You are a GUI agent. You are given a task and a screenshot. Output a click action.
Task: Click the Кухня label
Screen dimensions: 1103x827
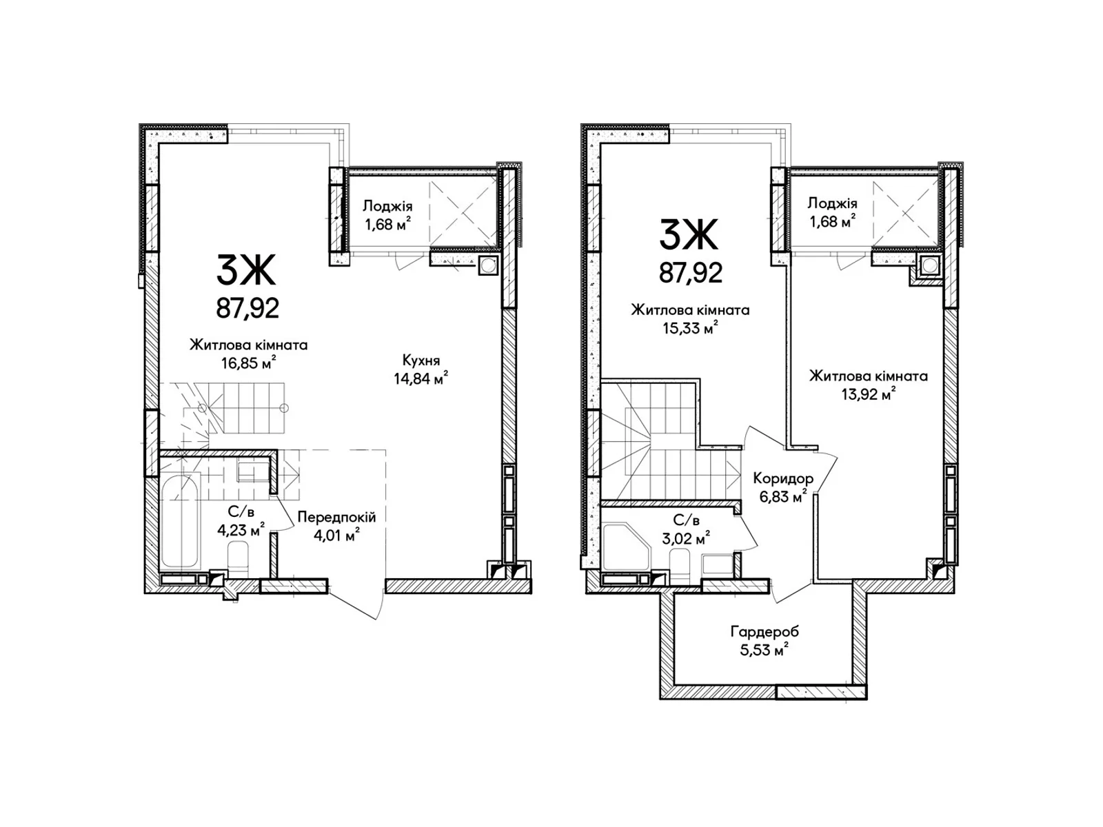[x=421, y=360]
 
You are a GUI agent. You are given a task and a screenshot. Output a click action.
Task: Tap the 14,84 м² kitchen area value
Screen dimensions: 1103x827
[x=421, y=378]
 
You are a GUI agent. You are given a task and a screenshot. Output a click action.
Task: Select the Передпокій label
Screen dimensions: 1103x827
[x=336, y=517]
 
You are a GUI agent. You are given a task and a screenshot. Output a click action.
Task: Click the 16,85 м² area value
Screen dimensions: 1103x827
[x=249, y=363]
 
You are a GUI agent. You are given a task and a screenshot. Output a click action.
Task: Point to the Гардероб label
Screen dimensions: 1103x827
[x=765, y=631]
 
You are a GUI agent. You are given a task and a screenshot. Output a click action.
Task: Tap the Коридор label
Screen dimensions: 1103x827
[x=782, y=478]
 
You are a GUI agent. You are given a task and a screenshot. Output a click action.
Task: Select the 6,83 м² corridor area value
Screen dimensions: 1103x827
[x=782, y=497]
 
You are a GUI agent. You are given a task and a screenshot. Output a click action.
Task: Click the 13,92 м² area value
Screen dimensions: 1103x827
[x=869, y=394]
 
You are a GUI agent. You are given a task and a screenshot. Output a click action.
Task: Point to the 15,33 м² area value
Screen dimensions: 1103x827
[x=690, y=328]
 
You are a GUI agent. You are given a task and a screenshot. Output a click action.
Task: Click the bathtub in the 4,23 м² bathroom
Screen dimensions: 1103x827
[x=179, y=522]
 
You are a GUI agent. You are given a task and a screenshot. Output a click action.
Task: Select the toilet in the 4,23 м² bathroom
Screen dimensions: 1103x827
[x=238, y=555]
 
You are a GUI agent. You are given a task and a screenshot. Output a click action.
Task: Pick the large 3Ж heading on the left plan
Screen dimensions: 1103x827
[x=245, y=269]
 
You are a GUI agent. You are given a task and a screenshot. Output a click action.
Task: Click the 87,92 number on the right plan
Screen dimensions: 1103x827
[x=691, y=273]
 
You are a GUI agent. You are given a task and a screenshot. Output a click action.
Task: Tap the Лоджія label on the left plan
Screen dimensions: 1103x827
[x=387, y=206]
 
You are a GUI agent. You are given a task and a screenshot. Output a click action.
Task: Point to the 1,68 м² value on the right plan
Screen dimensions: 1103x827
[x=831, y=221]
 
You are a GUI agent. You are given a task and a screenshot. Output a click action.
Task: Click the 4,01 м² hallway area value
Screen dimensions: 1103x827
[x=336, y=535]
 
